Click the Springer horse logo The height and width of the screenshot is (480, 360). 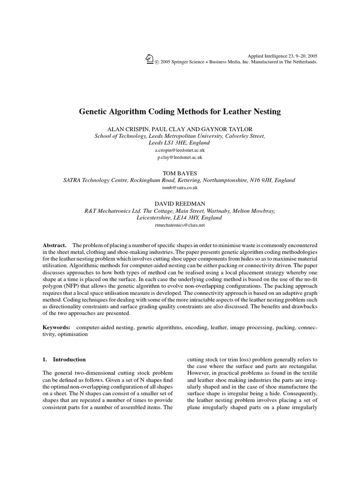click(150, 58)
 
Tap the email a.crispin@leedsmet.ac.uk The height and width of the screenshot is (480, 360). click(180, 150)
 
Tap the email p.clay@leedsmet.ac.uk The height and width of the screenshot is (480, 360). click(180, 157)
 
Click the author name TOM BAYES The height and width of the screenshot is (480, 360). click(180, 173)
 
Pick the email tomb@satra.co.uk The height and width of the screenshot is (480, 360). click(180, 187)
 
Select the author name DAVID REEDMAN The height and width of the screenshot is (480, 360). click(180, 203)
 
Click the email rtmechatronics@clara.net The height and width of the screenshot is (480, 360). click(180, 225)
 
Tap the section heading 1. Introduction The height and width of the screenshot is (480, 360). click(64, 360)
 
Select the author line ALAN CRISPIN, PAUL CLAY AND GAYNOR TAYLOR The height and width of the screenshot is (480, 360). click(180, 128)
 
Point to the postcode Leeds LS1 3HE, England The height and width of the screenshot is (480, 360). click(180, 142)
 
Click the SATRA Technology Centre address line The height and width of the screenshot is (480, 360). click(180, 180)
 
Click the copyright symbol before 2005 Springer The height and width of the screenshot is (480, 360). click(157, 62)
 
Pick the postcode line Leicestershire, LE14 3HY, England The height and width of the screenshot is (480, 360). click(180, 217)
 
